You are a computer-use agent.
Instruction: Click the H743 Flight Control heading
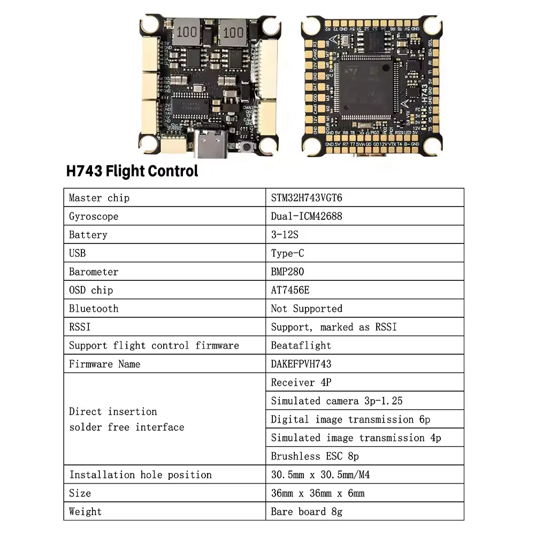coord(132,171)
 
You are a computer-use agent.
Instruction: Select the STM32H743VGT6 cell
coord(307,198)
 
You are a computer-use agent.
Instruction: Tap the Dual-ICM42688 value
coord(307,216)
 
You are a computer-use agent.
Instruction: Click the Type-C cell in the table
coord(287,253)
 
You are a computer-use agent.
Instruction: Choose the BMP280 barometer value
coord(287,272)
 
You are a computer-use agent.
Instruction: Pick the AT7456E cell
coord(290,290)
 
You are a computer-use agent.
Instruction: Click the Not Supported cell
coord(307,309)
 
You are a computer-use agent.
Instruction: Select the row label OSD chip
coord(91,290)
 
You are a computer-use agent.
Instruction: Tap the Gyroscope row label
coord(94,216)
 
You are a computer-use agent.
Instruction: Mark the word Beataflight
coord(301,346)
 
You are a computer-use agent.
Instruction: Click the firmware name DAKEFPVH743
coord(301,364)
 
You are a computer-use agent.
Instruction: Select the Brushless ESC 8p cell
coord(315,456)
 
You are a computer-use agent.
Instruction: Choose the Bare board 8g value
coord(307,511)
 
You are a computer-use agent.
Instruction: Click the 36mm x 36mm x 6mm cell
coord(318,493)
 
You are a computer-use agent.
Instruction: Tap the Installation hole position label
coord(140,475)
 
